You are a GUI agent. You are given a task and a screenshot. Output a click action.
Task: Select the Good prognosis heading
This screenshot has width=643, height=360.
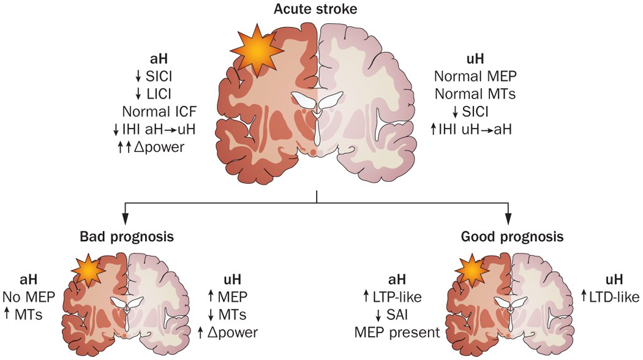[509, 236]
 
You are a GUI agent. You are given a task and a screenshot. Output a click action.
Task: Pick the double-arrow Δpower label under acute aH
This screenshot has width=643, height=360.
[154, 146]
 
